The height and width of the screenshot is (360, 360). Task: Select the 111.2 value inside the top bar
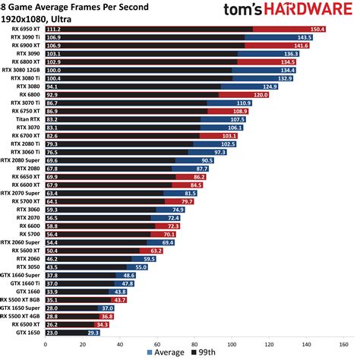(x=54, y=29)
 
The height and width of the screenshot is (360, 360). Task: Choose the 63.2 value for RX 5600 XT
(x=156, y=251)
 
